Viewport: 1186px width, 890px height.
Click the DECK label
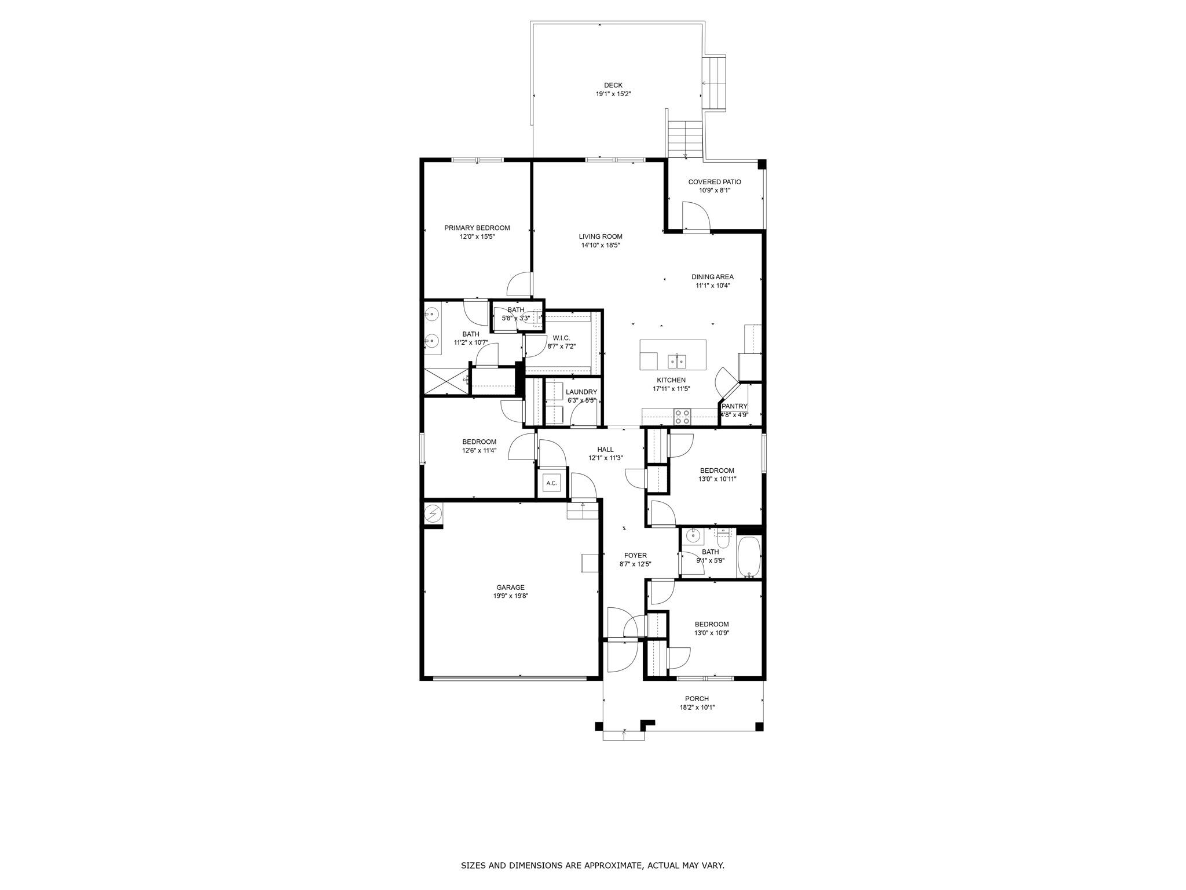(x=613, y=85)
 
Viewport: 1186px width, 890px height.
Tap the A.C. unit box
(x=551, y=483)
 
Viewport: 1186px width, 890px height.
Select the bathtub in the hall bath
(x=749, y=557)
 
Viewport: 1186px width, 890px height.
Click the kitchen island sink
(x=676, y=361)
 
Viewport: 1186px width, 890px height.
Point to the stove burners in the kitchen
(x=683, y=415)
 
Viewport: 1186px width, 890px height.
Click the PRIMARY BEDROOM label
(x=477, y=228)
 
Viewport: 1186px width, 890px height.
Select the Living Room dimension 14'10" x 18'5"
(x=601, y=245)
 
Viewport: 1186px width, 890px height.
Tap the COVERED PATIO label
(x=714, y=182)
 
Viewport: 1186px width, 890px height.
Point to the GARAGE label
(x=510, y=587)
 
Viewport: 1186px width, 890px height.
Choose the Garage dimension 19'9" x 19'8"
(x=510, y=596)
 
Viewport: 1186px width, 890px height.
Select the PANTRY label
(x=734, y=406)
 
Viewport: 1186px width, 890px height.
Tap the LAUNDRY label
(x=581, y=392)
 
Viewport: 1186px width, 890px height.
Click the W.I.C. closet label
(x=561, y=338)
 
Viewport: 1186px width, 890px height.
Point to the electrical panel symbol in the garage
(x=433, y=513)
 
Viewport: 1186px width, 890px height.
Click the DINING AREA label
(x=712, y=277)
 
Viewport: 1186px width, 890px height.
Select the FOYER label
(x=635, y=555)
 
